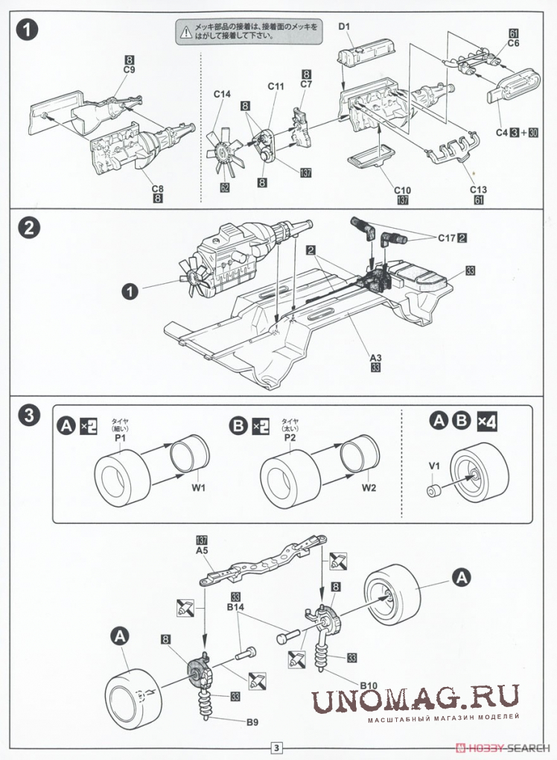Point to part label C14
point(222,95)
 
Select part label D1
point(344,28)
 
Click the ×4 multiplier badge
point(487,421)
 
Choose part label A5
point(201,551)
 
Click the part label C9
point(128,70)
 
